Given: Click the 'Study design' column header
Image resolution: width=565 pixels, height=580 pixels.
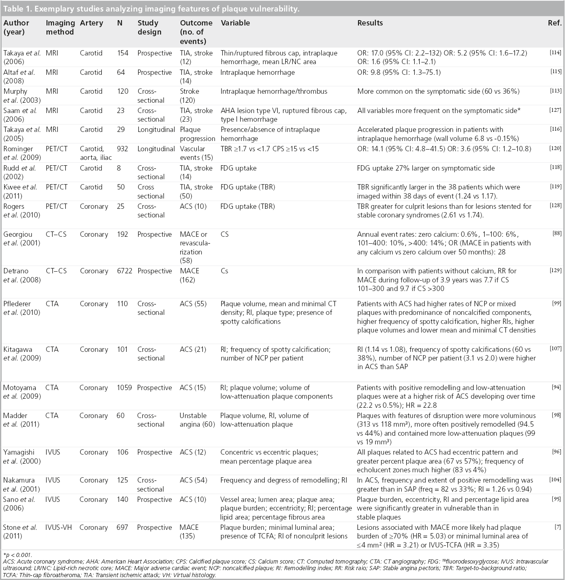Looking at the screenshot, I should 149,28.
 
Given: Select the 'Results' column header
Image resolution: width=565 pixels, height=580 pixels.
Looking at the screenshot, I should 370,23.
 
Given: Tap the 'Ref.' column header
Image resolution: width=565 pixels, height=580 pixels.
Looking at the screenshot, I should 554,23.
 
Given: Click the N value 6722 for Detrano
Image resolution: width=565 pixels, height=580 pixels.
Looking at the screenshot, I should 124,271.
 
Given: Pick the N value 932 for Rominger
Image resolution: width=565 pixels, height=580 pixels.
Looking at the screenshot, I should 122,149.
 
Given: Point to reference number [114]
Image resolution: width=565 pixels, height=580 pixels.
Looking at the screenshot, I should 555,53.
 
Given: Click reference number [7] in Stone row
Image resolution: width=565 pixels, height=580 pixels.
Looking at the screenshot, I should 558,527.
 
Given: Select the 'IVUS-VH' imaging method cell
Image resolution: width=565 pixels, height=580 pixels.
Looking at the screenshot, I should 58,527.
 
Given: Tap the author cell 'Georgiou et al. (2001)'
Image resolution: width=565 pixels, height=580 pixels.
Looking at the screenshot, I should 21,238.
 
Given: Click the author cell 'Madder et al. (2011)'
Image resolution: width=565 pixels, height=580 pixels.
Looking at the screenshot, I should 21,420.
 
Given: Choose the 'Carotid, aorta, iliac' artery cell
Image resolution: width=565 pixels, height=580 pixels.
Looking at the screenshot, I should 95,153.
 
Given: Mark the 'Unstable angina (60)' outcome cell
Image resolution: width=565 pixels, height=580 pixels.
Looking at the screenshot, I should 197,420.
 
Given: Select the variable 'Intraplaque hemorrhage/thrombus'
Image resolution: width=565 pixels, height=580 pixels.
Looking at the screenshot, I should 274,91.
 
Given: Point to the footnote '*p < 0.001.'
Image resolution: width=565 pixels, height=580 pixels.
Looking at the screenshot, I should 17,555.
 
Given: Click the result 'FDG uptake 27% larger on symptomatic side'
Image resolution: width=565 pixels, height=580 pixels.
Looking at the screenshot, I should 425,168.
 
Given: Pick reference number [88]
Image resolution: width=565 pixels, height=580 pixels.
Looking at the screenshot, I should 557,233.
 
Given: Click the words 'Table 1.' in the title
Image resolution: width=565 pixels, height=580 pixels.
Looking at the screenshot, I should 17,9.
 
